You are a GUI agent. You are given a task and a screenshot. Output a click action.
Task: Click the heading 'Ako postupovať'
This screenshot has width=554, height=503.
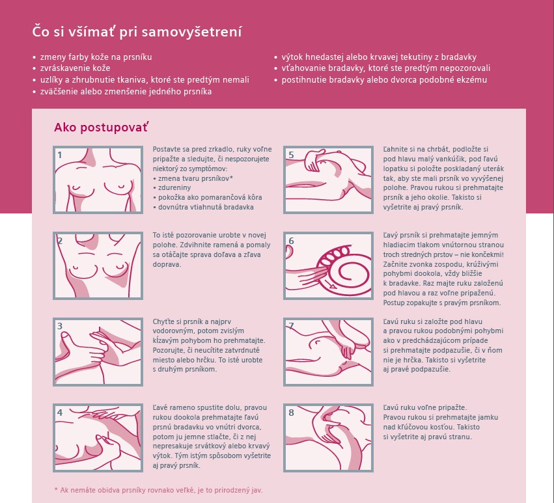pos(101,127)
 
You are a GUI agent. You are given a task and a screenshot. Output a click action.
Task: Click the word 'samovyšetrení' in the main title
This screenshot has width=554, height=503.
pos(192,31)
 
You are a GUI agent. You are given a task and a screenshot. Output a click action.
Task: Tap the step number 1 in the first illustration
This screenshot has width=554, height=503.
pos(60,155)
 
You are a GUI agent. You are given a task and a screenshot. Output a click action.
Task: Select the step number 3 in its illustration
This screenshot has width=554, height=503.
pos(60,326)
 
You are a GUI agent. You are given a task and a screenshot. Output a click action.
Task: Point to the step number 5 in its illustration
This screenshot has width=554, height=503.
pos(291,155)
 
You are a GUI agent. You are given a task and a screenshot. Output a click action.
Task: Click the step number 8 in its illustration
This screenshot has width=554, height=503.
pos(291,413)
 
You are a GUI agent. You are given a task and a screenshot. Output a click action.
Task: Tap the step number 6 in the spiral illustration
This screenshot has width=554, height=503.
pos(291,241)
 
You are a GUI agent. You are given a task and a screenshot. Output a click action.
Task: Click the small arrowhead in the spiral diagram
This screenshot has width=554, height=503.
pos(333,286)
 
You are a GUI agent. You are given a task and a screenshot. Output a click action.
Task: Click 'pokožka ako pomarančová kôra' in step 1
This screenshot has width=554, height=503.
pos(208,197)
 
